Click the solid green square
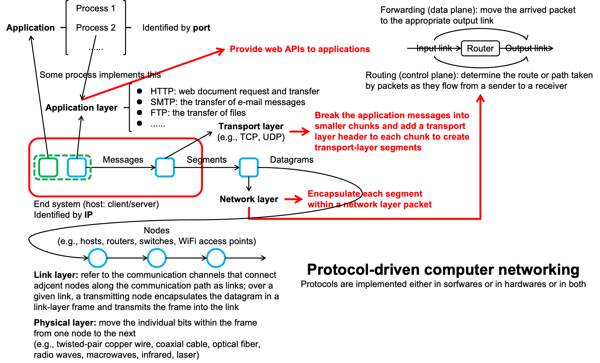click(48, 168)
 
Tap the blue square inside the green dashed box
click(77, 168)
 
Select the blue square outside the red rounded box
click(249, 168)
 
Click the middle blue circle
click(157, 258)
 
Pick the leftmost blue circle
click(98, 258)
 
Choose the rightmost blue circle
click(216, 258)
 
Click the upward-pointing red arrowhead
click(481, 98)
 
